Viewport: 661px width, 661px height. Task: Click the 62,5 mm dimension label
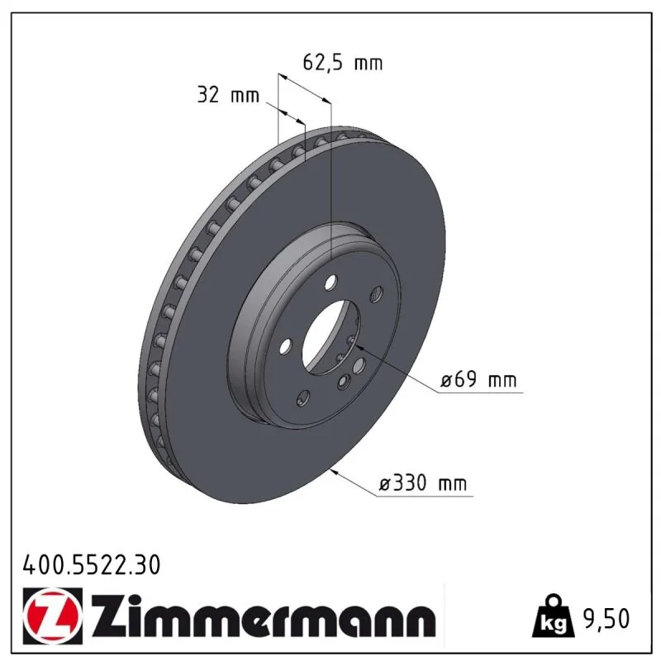coord(343,63)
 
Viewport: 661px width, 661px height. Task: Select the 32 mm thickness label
coord(228,95)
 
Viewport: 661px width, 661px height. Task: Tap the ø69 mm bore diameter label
coord(478,380)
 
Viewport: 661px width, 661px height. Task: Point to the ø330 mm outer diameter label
coord(423,483)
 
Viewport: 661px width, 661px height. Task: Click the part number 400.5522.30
coord(92,565)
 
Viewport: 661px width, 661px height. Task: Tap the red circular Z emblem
coord(52,616)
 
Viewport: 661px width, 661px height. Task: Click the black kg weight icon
coord(553,616)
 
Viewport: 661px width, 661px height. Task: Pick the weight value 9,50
coord(606,618)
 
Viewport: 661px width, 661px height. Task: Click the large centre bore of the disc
coord(331,337)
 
